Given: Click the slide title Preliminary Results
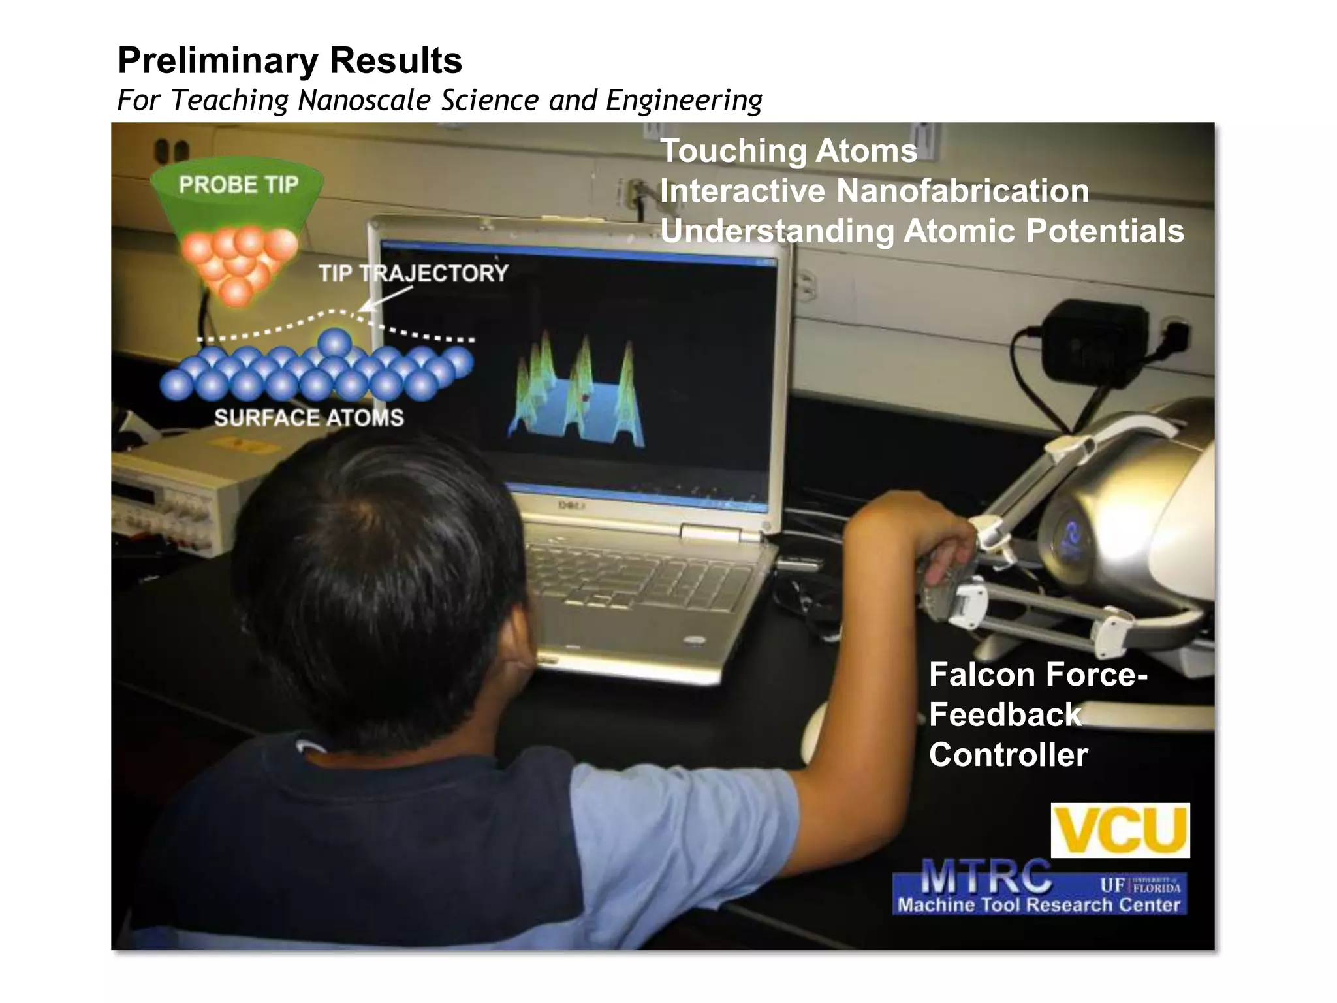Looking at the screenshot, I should click(x=290, y=61).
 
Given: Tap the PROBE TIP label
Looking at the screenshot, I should click(x=238, y=185).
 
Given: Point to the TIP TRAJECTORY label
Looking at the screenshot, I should click(x=413, y=273).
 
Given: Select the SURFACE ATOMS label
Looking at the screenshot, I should click(x=309, y=418).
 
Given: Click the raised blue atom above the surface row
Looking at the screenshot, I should click(x=335, y=343).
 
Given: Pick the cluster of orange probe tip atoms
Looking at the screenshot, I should click(x=238, y=261).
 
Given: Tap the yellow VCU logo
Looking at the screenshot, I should click(x=1120, y=830).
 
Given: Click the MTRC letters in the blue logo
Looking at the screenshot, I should click(x=986, y=877).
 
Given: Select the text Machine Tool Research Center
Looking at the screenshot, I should click(x=1039, y=905).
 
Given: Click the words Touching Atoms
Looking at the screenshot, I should click(x=789, y=151).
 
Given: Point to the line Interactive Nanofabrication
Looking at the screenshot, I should click(x=874, y=191).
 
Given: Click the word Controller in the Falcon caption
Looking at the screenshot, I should click(x=1008, y=755).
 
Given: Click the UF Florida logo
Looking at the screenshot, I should click(x=1140, y=885).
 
